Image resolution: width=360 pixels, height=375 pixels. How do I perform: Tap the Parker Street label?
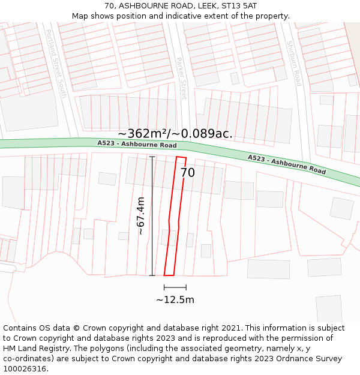click(182, 78)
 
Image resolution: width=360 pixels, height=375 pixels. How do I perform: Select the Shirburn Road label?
click(293, 63)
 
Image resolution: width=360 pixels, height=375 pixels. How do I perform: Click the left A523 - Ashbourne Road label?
click(137, 145)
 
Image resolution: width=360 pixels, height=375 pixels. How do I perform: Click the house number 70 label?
click(188, 173)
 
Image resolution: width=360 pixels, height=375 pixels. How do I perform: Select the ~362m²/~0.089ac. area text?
click(175, 134)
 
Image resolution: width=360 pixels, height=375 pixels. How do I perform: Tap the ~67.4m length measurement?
click(141, 215)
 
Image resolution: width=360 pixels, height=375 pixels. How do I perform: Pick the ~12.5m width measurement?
click(175, 300)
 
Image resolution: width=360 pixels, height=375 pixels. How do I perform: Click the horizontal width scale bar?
click(175, 287)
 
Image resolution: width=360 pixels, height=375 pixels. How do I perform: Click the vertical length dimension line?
click(152, 216)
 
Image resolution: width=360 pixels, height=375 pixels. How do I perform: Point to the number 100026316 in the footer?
click(25, 369)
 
